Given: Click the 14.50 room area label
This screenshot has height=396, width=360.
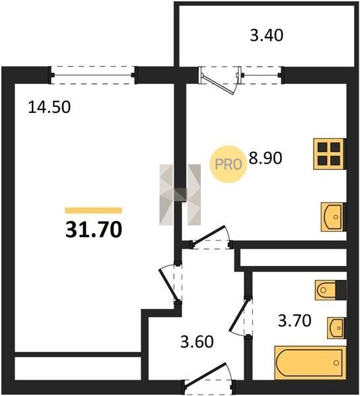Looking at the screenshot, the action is [49, 107].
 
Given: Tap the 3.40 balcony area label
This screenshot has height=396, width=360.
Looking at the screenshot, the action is [266, 35].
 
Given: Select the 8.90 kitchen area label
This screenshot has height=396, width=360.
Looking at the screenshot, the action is [266, 158].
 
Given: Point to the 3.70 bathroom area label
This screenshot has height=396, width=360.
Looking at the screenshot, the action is [295, 321].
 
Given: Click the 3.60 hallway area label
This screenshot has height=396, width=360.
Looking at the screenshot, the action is [197, 341].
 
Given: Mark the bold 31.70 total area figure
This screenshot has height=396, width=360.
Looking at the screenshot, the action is [94, 229].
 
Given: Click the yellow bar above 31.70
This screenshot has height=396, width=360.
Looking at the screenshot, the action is [94, 210].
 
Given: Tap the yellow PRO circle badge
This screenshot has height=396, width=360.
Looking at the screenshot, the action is [229, 164].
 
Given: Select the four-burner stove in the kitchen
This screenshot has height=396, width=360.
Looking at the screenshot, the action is [330, 154].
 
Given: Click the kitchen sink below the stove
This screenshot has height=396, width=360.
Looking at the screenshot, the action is [333, 216].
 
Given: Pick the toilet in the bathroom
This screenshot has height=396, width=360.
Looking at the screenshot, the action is [330, 290].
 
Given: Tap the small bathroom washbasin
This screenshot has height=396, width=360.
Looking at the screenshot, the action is [336, 328].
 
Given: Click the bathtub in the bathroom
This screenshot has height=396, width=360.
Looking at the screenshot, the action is [310, 362].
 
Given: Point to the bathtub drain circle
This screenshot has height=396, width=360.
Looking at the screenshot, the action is [336, 363].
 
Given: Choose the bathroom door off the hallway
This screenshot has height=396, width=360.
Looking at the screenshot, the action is [240, 316].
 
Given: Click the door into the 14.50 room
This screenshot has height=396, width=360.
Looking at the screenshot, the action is [170, 283].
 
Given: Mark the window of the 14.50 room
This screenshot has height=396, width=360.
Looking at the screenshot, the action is [94, 75].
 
